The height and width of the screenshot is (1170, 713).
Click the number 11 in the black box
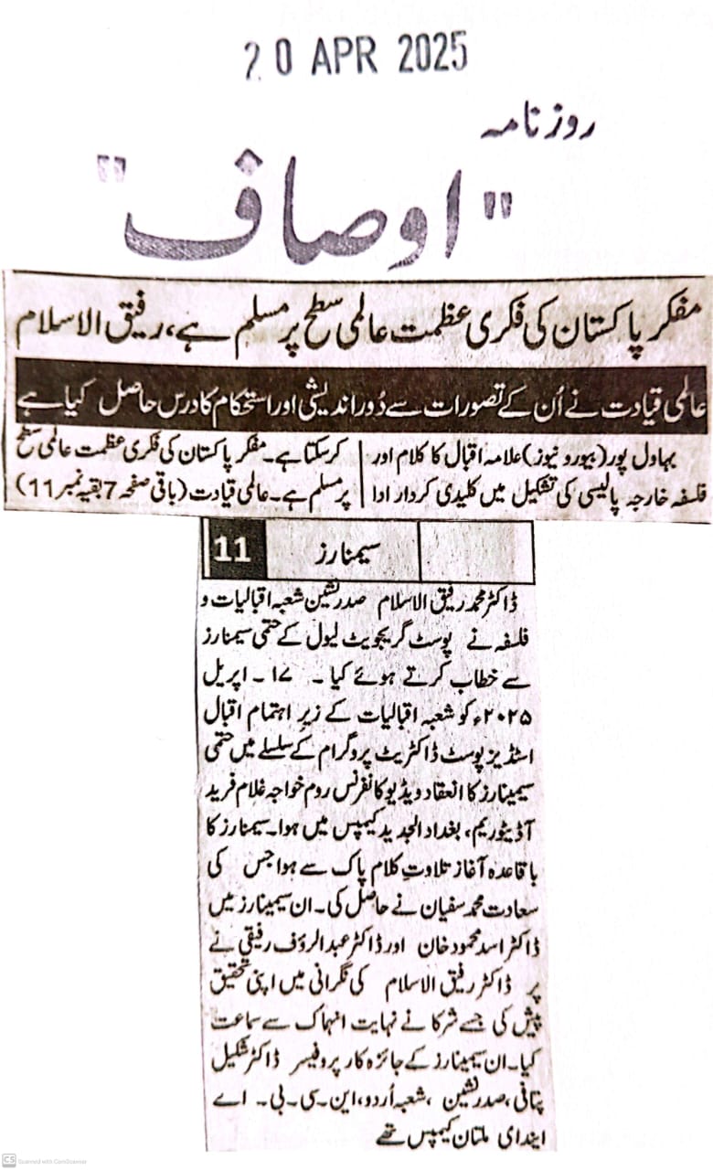pyautogui.click(x=232, y=549)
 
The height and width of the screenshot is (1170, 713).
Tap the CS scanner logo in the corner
pyautogui.click(x=9, y=1158)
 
